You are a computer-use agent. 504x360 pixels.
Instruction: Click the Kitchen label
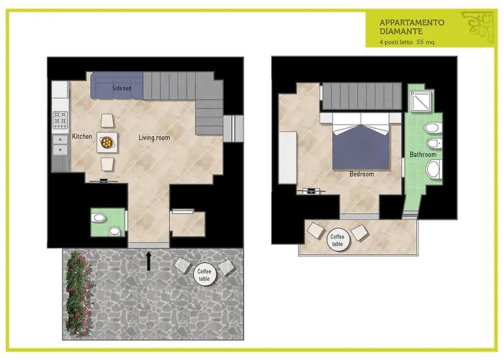[82, 137]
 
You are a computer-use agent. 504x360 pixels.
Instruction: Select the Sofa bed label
[122, 88]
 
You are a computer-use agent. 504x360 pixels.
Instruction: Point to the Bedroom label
[361, 174]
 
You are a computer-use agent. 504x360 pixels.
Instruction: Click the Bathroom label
[423, 155]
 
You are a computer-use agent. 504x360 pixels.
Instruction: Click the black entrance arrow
[149, 260]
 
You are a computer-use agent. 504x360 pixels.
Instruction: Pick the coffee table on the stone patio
[204, 274]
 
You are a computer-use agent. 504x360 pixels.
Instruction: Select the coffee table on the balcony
[337, 240]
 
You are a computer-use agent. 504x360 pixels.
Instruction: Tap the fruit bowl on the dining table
[107, 143]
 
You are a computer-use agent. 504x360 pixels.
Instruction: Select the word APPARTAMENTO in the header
[412, 22]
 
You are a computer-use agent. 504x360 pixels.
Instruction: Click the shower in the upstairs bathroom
[418, 103]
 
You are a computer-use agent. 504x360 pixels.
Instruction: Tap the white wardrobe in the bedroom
[288, 158]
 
